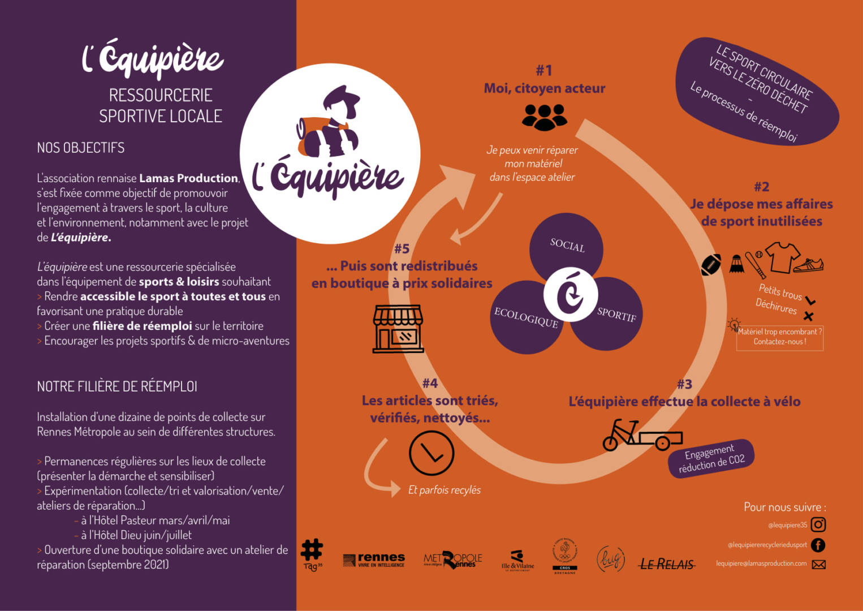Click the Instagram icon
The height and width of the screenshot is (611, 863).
pos(818,524)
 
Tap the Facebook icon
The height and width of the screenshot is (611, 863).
pos(818,545)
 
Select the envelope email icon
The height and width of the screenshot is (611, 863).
pos(818,564)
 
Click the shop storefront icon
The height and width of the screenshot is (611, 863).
pos(398,329)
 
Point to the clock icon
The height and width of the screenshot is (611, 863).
pos(431,453)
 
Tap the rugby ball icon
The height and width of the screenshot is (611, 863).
pos(711,264)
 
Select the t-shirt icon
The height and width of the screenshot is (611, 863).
pos(783,257)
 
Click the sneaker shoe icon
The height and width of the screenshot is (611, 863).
pos(809,265)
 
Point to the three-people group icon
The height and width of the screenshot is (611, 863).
pos(544,117)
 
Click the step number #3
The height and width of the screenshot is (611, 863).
pos(684,384)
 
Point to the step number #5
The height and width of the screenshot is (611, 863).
pos(402,248)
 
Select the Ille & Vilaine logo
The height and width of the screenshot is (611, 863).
pos(517,560)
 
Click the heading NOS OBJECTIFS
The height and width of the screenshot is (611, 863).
pos(81,148)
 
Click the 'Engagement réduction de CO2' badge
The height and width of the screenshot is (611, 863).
pos(711,459)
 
